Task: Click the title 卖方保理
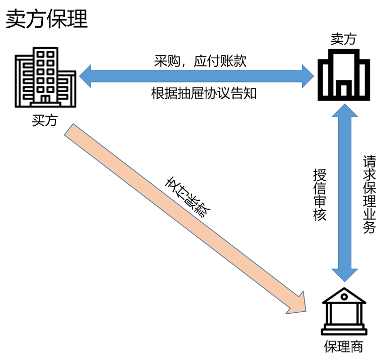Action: click(x=47, y=20)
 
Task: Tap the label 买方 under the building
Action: click(x=45, y=121)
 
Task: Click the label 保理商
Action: click(x=344, y=347)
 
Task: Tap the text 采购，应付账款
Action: click(x=200, y=61)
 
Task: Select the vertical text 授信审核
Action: click(x=320, y=195)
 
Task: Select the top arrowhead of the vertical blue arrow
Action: click(x=345, y=111)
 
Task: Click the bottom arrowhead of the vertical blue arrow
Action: click(x=345, y=274)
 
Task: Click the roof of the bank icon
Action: click(x=345, y=296)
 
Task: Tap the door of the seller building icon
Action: click(x=344, y=89)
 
